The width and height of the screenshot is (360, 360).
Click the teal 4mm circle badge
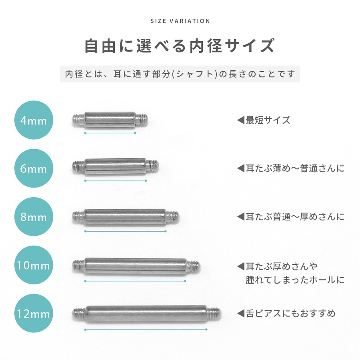(34, 120)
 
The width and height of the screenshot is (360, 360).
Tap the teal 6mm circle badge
(34, 168)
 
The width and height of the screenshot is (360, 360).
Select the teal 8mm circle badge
(34, 216)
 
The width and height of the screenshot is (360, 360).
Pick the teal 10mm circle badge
(34, 265)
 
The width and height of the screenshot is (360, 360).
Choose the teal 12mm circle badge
(34, 313)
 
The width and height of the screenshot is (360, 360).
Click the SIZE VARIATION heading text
(180, 21)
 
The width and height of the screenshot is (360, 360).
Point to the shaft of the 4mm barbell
(110, 120)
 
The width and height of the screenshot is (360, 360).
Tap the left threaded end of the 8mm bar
(78, 216)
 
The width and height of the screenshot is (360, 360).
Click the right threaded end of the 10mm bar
(193, 266)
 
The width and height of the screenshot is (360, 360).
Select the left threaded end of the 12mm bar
(79, 314)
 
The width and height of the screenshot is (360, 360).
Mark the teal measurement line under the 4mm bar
(110, 133)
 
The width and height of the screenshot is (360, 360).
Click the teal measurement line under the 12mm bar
(146, 330)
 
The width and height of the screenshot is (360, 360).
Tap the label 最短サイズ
(268, 120)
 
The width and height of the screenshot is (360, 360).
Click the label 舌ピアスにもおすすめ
(291, 313)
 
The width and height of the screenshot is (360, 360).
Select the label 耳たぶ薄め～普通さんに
(295, 168)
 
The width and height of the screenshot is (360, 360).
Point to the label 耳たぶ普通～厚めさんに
(295, 216)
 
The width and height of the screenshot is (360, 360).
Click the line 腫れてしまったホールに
(295, 280)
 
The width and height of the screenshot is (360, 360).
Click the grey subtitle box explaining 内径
(180, 74)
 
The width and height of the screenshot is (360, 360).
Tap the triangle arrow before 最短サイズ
(241, 120)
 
